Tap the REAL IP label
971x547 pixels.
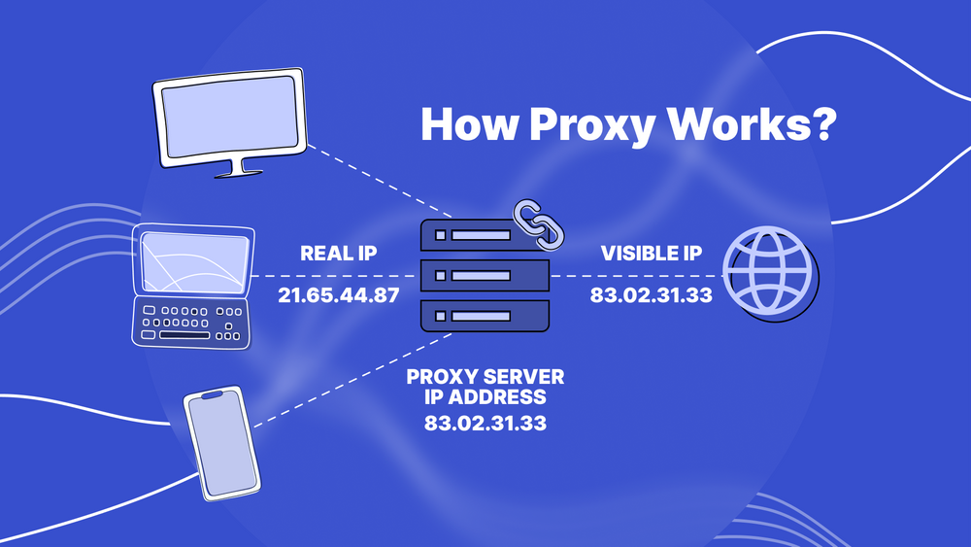339,254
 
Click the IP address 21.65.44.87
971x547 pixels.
339,294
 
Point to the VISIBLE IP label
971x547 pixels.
651,254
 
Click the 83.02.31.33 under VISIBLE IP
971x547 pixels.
651,294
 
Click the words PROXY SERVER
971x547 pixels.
485,376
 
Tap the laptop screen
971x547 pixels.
193,261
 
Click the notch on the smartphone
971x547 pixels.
212,394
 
